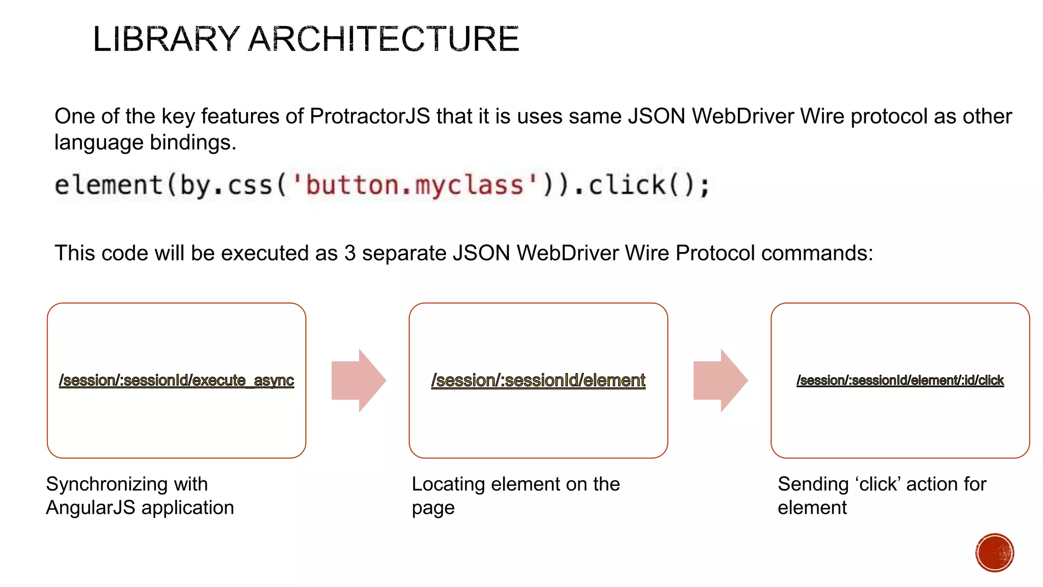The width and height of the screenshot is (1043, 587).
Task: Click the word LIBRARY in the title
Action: point(166,39)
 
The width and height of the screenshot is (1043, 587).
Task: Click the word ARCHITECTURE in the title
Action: point(383,39)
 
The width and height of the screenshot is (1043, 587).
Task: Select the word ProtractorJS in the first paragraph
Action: point(370,116)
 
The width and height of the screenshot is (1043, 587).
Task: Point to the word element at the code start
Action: point(108,184)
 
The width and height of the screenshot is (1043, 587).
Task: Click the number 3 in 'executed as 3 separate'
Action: point(349,253)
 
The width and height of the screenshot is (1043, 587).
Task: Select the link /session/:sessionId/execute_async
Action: point(176,380)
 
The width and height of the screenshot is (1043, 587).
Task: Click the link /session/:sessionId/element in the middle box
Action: point(538,380)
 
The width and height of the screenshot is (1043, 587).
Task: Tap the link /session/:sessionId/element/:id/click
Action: point(900,380)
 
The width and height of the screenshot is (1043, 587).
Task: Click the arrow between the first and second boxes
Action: point(359,380)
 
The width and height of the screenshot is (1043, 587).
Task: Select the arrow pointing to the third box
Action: point(720,380)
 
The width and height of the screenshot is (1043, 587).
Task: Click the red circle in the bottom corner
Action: point(994,552)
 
